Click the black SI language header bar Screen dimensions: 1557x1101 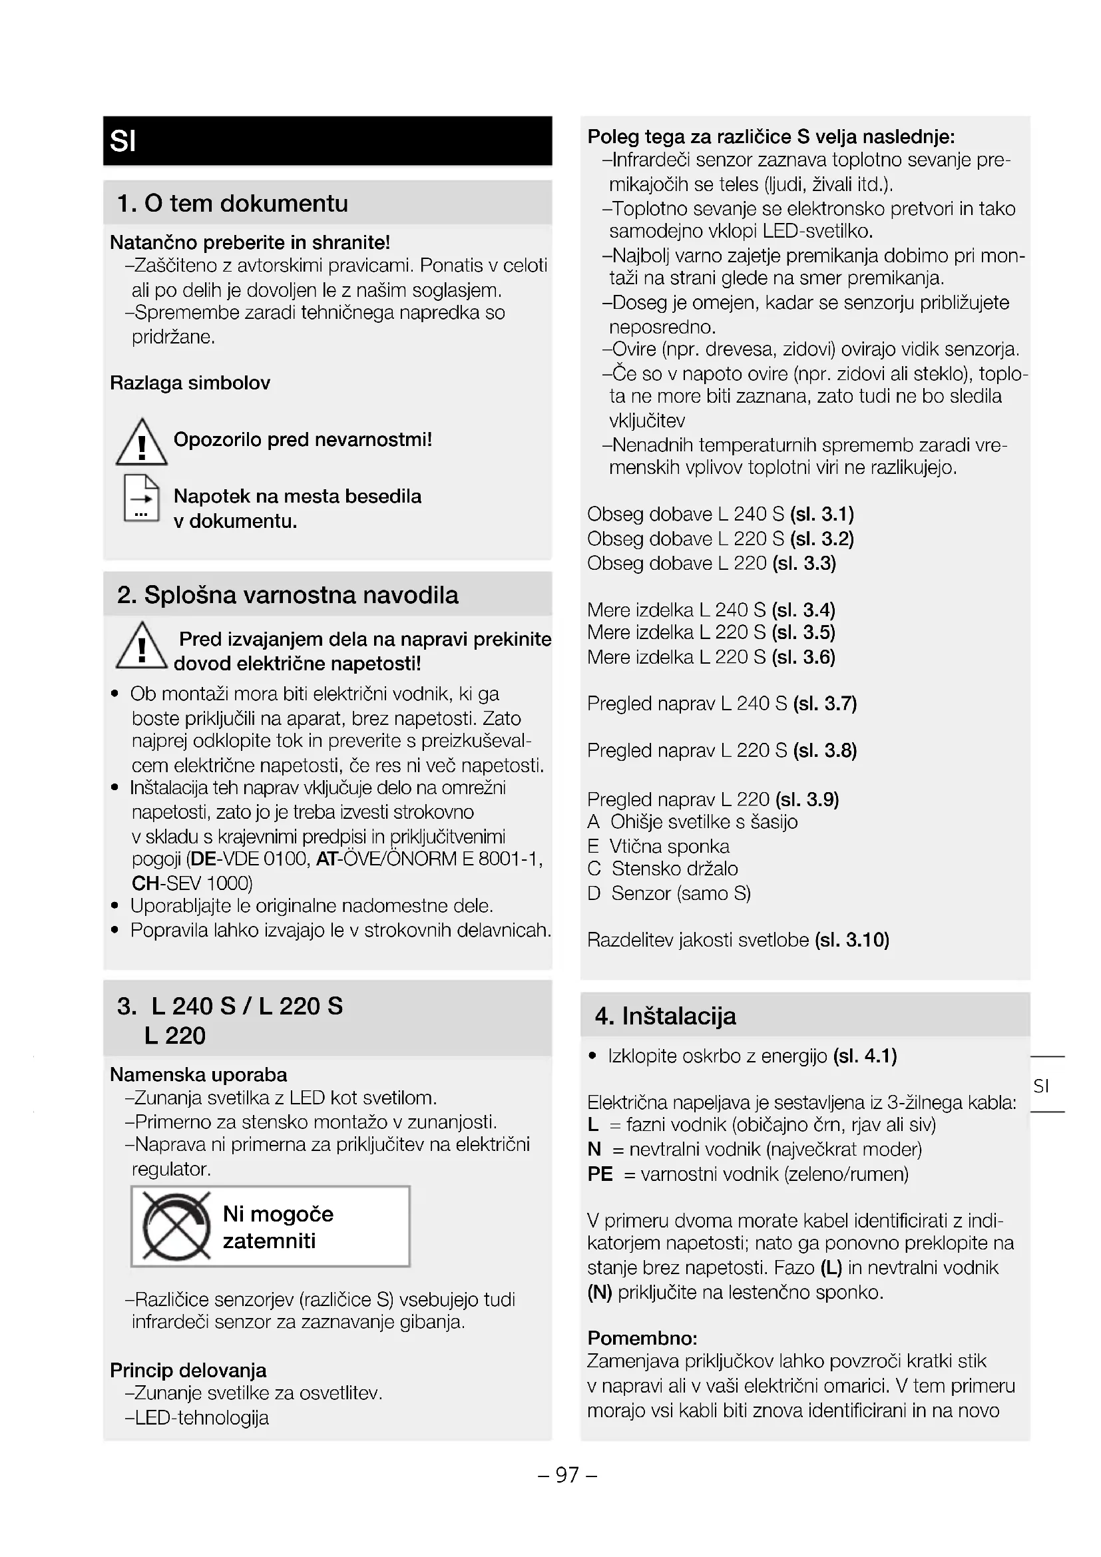click(327, 140)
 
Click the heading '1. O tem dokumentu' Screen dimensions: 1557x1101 click(232, 203)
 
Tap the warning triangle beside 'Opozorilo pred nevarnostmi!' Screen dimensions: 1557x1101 click(141, 443)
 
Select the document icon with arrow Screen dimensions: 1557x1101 click(141, 499)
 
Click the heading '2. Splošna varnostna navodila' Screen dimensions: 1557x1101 click(288, 594)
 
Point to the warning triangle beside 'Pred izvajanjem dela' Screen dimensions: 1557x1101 click(141, 646)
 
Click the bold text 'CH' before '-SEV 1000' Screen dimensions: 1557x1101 click(145, 883)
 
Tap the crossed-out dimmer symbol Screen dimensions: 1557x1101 click(176, 1227)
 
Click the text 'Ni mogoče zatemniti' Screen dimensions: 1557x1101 click(278, 1227)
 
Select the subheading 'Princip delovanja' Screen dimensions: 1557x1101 click(188, 1370)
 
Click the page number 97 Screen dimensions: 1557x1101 click(567, 1474)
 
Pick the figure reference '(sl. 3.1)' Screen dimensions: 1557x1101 click(821, 514)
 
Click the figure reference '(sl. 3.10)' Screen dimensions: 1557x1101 click(851, 940)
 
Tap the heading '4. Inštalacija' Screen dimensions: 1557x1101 click(665, 1016)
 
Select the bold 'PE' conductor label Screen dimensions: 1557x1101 click(600, 1174)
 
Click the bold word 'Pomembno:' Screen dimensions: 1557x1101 click(642, 1338)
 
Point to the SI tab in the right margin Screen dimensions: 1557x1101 click(1041, 1086)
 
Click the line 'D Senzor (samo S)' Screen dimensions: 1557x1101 click(668, 893)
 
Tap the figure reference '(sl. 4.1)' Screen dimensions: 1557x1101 click(865, 1056)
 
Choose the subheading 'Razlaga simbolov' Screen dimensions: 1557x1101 click(190, 383)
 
